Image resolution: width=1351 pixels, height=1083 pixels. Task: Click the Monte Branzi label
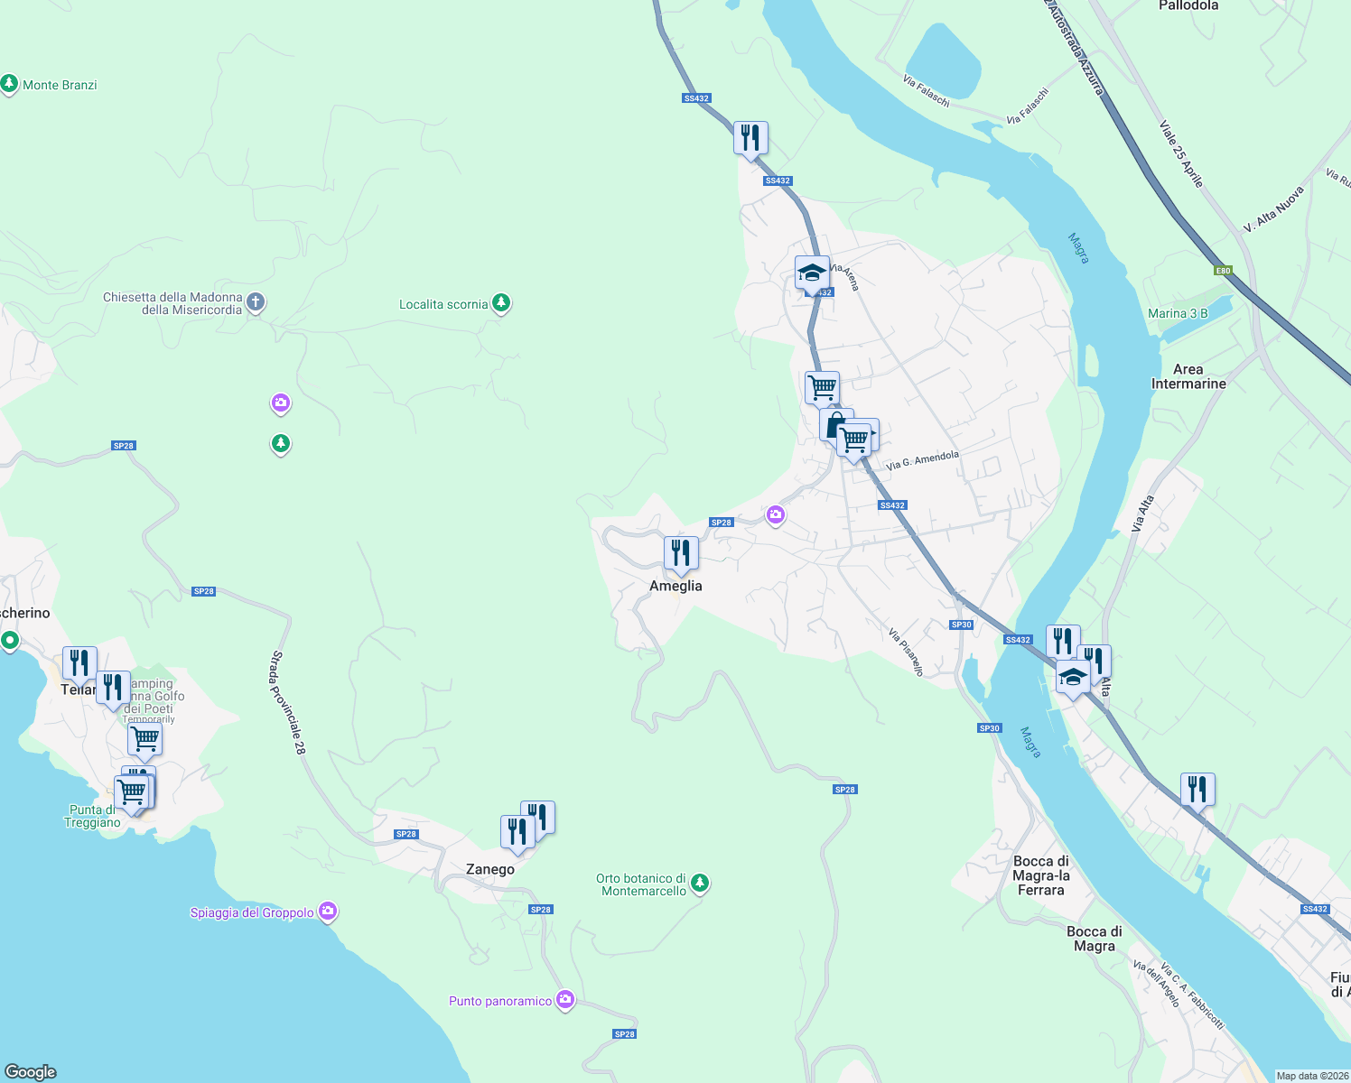point(60,85)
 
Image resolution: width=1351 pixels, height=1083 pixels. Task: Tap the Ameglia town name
point(675,586)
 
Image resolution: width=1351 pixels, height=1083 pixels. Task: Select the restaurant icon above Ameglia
point(681,553)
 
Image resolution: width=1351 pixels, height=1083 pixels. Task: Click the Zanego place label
point(489,869)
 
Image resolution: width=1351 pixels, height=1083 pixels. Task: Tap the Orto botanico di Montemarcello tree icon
point(700,884)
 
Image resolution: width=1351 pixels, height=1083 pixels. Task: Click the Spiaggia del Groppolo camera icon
point(329,912)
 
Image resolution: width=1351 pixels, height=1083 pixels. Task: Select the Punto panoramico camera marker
point(565,1000)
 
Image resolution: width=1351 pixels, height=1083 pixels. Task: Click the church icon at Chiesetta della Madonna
point(256,302)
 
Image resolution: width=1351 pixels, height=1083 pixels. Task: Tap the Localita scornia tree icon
point(501,304)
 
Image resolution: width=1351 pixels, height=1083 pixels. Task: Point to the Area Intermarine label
point(1188,376)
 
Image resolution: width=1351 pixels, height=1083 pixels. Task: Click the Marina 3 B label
point(1178,313)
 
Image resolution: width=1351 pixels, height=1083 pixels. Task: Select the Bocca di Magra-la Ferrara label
point(1041,875)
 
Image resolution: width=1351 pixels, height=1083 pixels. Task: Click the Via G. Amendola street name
point(922,460)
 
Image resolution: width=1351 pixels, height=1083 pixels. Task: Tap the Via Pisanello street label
point(906,652)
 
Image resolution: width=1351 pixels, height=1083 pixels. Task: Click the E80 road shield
point(1223,271)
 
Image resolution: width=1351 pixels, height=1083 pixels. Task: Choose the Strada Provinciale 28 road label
point(289,702)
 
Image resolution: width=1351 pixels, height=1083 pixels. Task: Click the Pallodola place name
point(1188,5)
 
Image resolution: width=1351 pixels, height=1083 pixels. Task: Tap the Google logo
point(31,1072)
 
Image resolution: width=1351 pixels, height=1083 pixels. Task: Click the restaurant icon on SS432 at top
point(750,138)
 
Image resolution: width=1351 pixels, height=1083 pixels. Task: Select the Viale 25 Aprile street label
point(1181,155)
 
